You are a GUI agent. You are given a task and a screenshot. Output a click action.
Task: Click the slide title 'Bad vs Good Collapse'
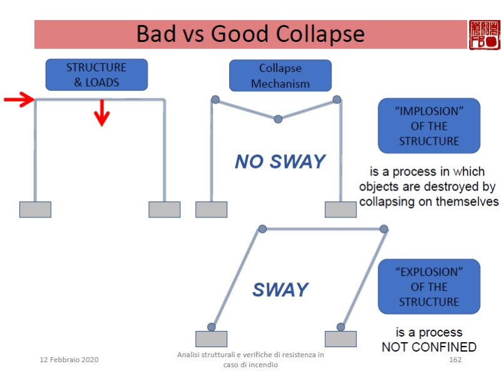pyautogui.click(x=250, y=33)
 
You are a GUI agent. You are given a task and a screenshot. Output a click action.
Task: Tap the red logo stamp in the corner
pyautogui.click(x=484, y=34)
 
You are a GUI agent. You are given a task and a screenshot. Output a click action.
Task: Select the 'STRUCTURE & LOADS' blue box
pyautogui.click(x=96, y=75)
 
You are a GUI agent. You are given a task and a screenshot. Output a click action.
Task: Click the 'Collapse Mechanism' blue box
pyautogui.click(x=280, y=75)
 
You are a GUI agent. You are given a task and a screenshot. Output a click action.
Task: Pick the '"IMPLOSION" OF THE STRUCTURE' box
pyautogui.click(x=429, y=125)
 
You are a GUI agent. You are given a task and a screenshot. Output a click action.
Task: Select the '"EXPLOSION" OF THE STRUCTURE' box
pyautogui.click(x=429, y=286)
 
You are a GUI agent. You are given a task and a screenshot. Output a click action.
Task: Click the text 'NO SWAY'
pyautogui.click(x=280, y=162)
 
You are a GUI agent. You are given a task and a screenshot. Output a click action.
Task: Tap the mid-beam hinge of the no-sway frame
pyautogui.click(x=278, y=118)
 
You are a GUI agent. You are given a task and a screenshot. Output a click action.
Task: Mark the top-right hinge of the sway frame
pyautogui.click(x=384, y=229)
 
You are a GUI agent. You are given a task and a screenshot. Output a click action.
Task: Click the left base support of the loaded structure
pyautogui.click(x=35, y=209)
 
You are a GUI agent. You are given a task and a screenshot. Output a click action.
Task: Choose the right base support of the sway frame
pyautogui.click(x=341, y=338)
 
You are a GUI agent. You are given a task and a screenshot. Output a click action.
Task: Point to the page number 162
pyautogui.click(x=455, y=360)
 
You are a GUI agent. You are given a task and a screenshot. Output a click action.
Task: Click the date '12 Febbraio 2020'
pyautogui.click(x=69, y=360)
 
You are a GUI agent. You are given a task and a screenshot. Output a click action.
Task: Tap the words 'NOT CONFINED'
pyautogui.click(x=429, y=347)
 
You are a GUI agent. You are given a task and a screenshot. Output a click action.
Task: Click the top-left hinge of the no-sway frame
pyautogui.click(x=215, y=99)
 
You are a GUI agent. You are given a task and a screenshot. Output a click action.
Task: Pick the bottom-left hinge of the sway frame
pyautogui.click(x=212, y=326)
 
